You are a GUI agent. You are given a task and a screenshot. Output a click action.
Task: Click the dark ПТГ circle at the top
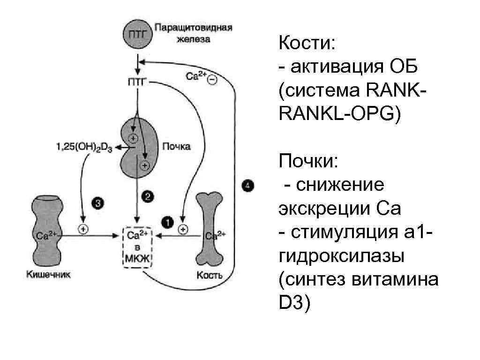tap(137, 34)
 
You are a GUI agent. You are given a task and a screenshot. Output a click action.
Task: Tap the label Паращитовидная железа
tap(193, 33)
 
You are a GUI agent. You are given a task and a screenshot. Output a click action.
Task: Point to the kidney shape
tap(136, 147)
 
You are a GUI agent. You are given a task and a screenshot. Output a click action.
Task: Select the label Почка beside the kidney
tap(176, 147)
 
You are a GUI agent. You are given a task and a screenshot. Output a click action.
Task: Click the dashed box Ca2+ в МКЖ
tap(137, 247)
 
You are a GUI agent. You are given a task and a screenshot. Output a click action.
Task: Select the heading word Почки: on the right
tap(307, 161)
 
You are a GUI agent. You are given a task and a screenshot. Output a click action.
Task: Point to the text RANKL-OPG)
tap(339, 114)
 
